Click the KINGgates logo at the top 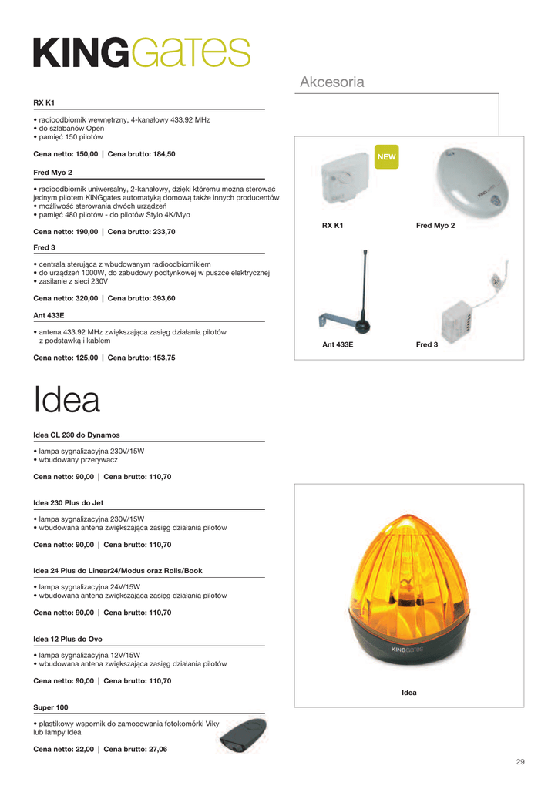(x=142, y=52)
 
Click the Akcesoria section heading (x=331, y=82)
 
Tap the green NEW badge (x=386, y=156)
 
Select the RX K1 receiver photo (x=345, y=183)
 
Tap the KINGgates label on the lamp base (x=408, y=650)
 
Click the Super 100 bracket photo (x=243, y=736)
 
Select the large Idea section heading (x=67, y=400)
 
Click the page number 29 (x=520, y=762)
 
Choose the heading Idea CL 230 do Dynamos (x=76, y=435)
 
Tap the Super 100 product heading (x=51, y=707)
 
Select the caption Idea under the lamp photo (x=408, y=693)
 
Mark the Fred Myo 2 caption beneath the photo (x=435, y=225)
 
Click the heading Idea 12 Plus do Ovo (x=68, y=639)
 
